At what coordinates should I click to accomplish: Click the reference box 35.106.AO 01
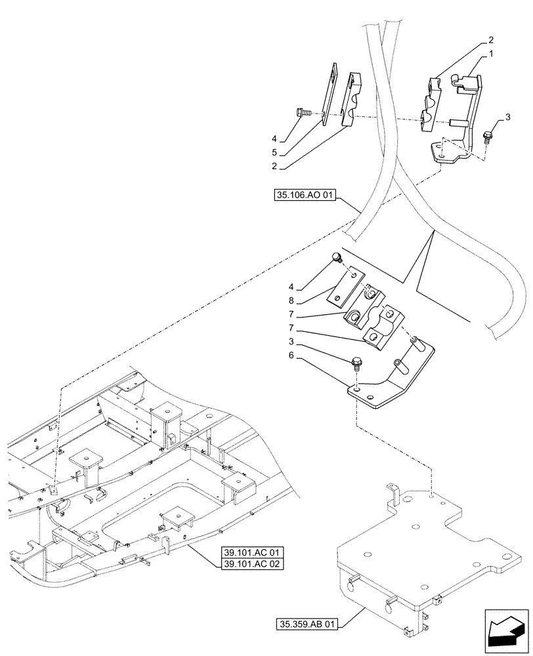(303, 195)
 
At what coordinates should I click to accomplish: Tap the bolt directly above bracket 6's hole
(358, 362)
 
